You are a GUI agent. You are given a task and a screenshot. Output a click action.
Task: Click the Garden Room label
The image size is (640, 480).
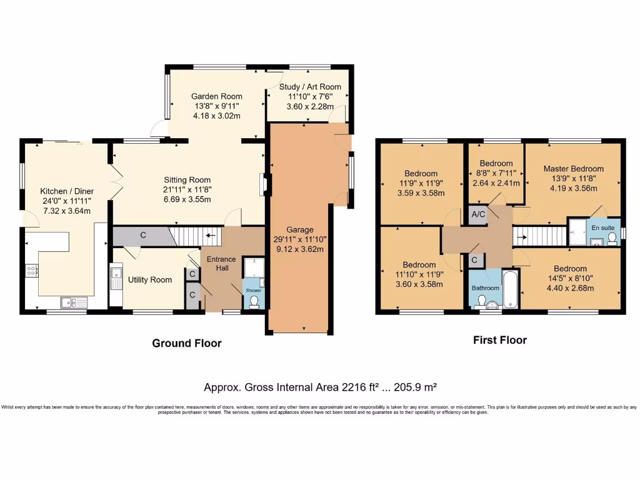click(x=216, y=96)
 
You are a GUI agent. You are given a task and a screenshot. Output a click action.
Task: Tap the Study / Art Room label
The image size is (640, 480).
click(x=305, y=87)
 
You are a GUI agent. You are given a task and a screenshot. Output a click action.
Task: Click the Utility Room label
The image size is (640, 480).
click(x=150, y=279)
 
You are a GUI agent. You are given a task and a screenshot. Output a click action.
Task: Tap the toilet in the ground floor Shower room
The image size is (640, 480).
click(x=254, y=302)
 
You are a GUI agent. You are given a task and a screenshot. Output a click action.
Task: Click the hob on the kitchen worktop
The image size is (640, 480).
click(x=31, y=270)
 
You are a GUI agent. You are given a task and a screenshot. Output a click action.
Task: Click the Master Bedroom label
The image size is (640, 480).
click(x=573, y=168)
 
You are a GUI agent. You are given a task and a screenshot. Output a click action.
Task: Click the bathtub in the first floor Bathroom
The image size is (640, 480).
click(x=510, y=289)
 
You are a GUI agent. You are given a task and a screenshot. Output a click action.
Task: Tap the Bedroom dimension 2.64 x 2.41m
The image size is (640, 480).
click(x=496, y=183)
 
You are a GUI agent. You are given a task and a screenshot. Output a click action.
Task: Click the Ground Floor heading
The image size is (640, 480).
click(x=187, y=343)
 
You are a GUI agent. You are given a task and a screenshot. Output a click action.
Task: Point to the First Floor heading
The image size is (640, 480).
click(x=499, y=340)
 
